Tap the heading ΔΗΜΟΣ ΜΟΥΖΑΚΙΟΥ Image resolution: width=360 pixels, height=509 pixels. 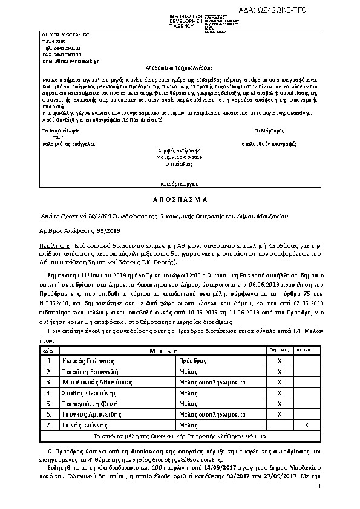click(58, 36)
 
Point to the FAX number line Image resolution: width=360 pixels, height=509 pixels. click(62, 55)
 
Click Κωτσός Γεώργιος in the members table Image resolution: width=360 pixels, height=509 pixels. click(88, 360)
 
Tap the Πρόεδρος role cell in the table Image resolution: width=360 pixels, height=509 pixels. click(193, 360)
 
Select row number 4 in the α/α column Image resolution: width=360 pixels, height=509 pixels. click(48, 393)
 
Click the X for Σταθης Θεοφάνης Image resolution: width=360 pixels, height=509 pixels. click(279, 393)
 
